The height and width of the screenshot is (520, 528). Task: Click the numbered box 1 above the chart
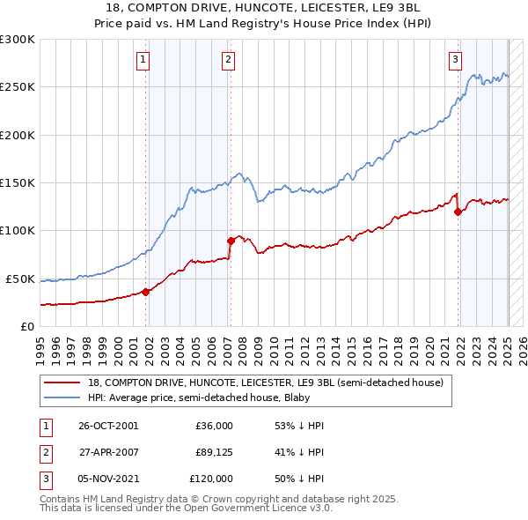tap(143, 60)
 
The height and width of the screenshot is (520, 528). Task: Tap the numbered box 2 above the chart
tap(228, 60)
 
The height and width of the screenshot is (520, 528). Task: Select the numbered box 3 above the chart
tap(455, 60)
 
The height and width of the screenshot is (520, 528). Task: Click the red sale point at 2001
tap(146, 292)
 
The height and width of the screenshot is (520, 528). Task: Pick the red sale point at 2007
tap(231, 240)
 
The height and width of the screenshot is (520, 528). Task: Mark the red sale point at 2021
tap(458, 212)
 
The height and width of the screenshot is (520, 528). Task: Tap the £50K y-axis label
tap(21, 279)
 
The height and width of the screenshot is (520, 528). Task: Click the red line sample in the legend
tap(62, 383)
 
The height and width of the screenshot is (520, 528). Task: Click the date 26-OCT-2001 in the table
tap(108, 426)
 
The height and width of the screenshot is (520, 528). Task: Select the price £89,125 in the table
tap(211, 452)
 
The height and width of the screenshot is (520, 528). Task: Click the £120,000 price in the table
tap(211, 479)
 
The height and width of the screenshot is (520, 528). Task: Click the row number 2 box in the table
tap(43, 452)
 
